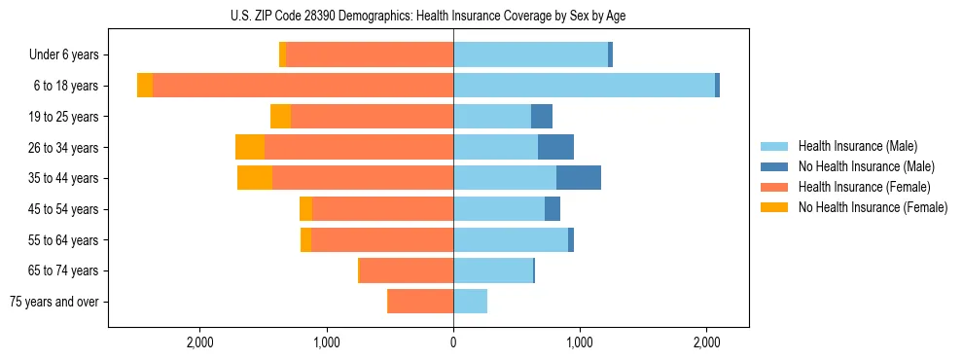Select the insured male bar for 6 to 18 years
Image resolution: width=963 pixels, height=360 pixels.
click(584, 86)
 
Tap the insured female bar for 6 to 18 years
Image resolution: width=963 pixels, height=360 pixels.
click(303, 86)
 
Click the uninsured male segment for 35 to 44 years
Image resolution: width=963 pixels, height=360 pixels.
click(579, 178)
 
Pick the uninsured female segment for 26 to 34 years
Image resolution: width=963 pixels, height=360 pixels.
click(250, 147)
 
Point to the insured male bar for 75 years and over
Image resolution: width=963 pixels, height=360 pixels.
click(470, 302)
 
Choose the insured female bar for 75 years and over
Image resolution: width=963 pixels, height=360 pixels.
click(420, 302)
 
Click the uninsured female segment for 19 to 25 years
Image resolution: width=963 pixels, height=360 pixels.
click(280, 117)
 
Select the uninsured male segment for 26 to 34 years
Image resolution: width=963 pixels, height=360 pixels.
click(555, 147)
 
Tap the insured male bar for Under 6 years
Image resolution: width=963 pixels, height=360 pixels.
click(530, 54)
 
